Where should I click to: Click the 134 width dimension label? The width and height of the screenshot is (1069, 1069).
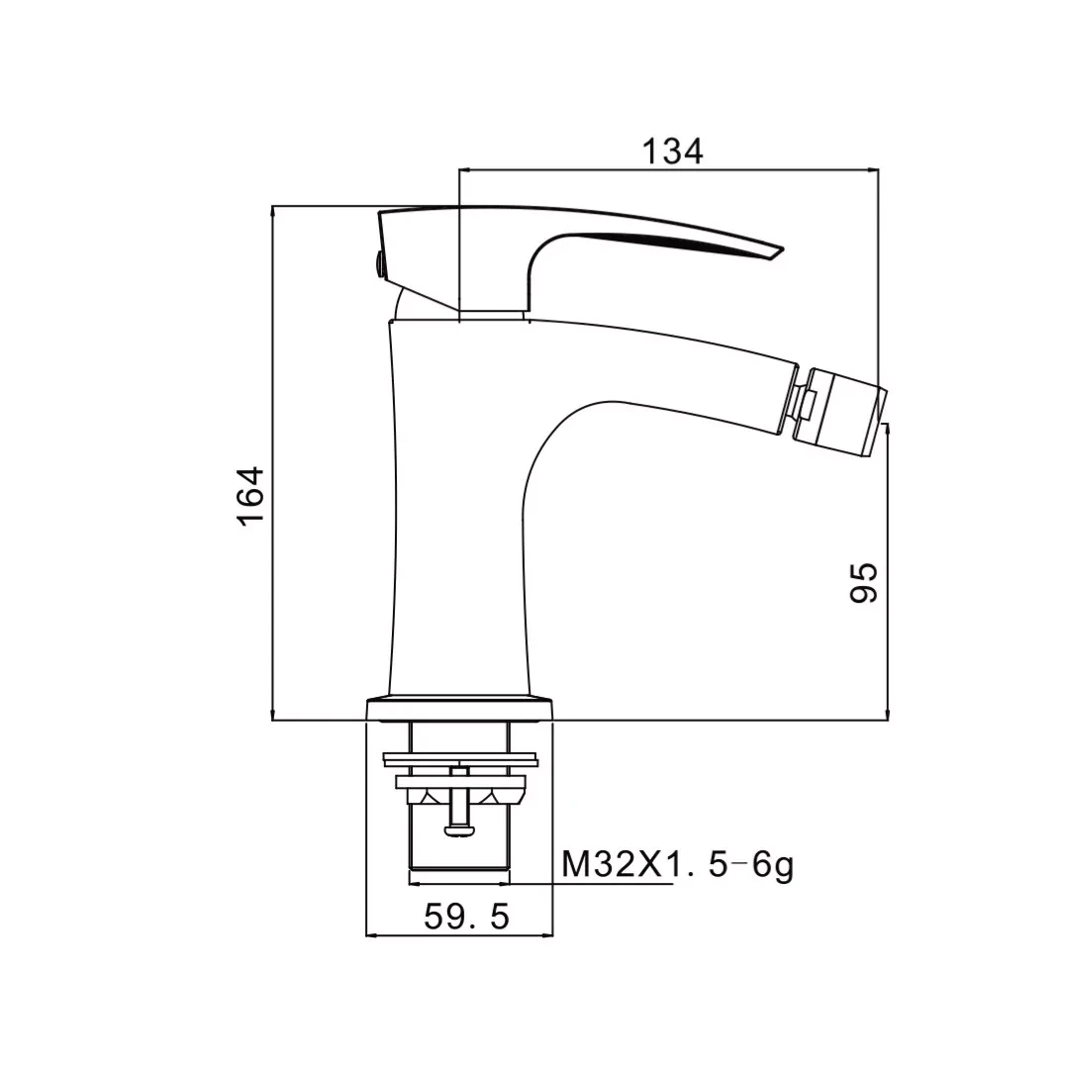click(672, 151)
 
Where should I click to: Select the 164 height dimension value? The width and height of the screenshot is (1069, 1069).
click(250, 496)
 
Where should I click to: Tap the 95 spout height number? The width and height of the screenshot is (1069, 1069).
click(864, 583)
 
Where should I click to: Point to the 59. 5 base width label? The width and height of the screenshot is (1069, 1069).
click(467, 917)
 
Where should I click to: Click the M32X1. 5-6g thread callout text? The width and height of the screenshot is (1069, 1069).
click(678, 866)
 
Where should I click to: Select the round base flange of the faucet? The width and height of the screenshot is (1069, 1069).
click(459, 709)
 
